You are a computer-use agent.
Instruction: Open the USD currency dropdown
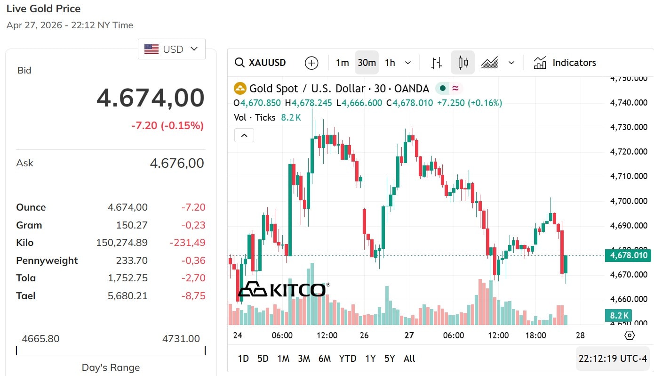tap(172, 49)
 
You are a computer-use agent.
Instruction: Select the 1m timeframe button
tap(342, 63)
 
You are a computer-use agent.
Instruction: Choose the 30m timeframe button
tap(367, 63)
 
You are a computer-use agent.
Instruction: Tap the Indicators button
tap(565, 63)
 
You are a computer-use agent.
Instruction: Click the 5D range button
tap(263, 359)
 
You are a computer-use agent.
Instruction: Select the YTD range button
tap(348, 359)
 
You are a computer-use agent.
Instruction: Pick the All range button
tap(409, 359)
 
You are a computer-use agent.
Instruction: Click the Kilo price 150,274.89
tap(122, 243)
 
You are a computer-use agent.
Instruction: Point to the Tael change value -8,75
tap(194, 296)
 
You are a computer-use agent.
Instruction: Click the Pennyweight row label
tap(47, 261)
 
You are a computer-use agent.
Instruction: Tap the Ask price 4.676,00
tap(177, 163)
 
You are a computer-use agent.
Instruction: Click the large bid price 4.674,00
tap(151, 98)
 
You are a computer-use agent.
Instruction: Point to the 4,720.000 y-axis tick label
tap(629, 152)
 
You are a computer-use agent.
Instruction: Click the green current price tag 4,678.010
tap(629, 255)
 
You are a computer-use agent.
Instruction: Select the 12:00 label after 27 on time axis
tap(498, 335)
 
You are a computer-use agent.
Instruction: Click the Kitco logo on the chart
tap(282, 289)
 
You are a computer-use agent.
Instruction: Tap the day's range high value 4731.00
tap(181, 339)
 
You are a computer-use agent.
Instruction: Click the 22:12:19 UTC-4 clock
tap(613, 359)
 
